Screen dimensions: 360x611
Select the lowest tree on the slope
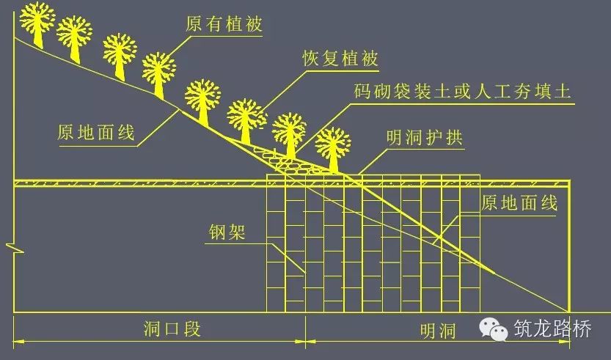pos(333,147)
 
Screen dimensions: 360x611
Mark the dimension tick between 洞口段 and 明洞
pos(305,340)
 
